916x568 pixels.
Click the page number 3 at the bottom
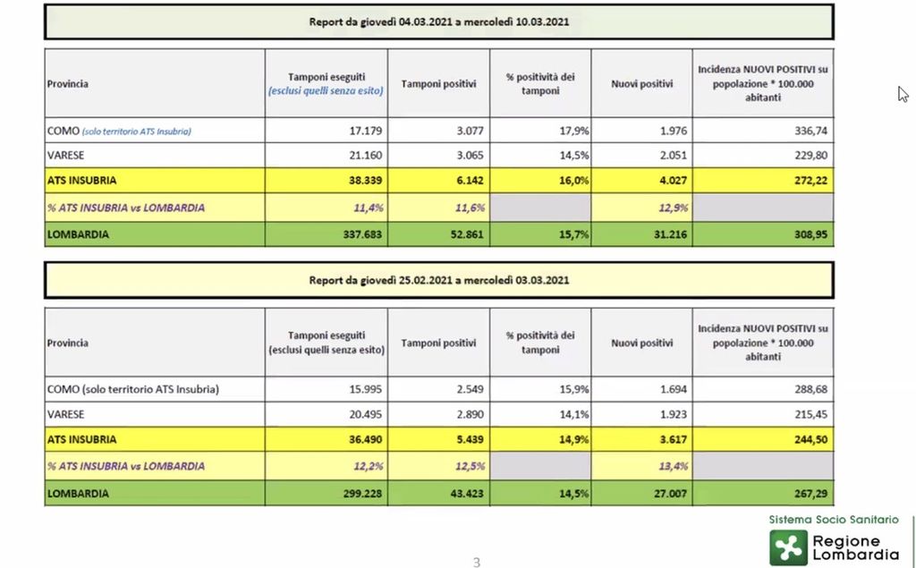(x=476, y=562)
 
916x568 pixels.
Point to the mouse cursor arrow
(x=903, y=94)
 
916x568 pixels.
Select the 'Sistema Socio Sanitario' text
(x=834, y=520)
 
